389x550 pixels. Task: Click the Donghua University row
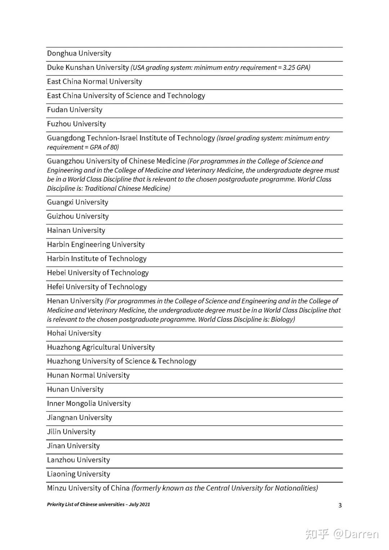coord(79,54)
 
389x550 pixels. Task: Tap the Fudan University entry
coord(75,110)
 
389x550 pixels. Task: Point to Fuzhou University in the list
coord(76,124)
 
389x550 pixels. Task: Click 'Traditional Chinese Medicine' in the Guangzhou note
coord(127,188)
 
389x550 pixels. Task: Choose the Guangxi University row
coord(77,202)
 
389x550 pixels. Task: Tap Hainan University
coord(76,231)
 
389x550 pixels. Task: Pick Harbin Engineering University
coord(96,245)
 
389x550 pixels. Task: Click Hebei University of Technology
coord(98,273)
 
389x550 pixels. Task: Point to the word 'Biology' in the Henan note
coord(282,319)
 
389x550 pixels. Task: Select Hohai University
coord(74,333)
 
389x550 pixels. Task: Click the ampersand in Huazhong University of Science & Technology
coord(154,361)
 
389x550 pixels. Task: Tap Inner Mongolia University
coord(89,404)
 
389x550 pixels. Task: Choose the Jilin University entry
coord(71,432)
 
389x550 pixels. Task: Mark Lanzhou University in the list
coord(78,460)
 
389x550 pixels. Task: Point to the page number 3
coord(340,505)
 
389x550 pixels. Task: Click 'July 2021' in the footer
coord(139,505)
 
